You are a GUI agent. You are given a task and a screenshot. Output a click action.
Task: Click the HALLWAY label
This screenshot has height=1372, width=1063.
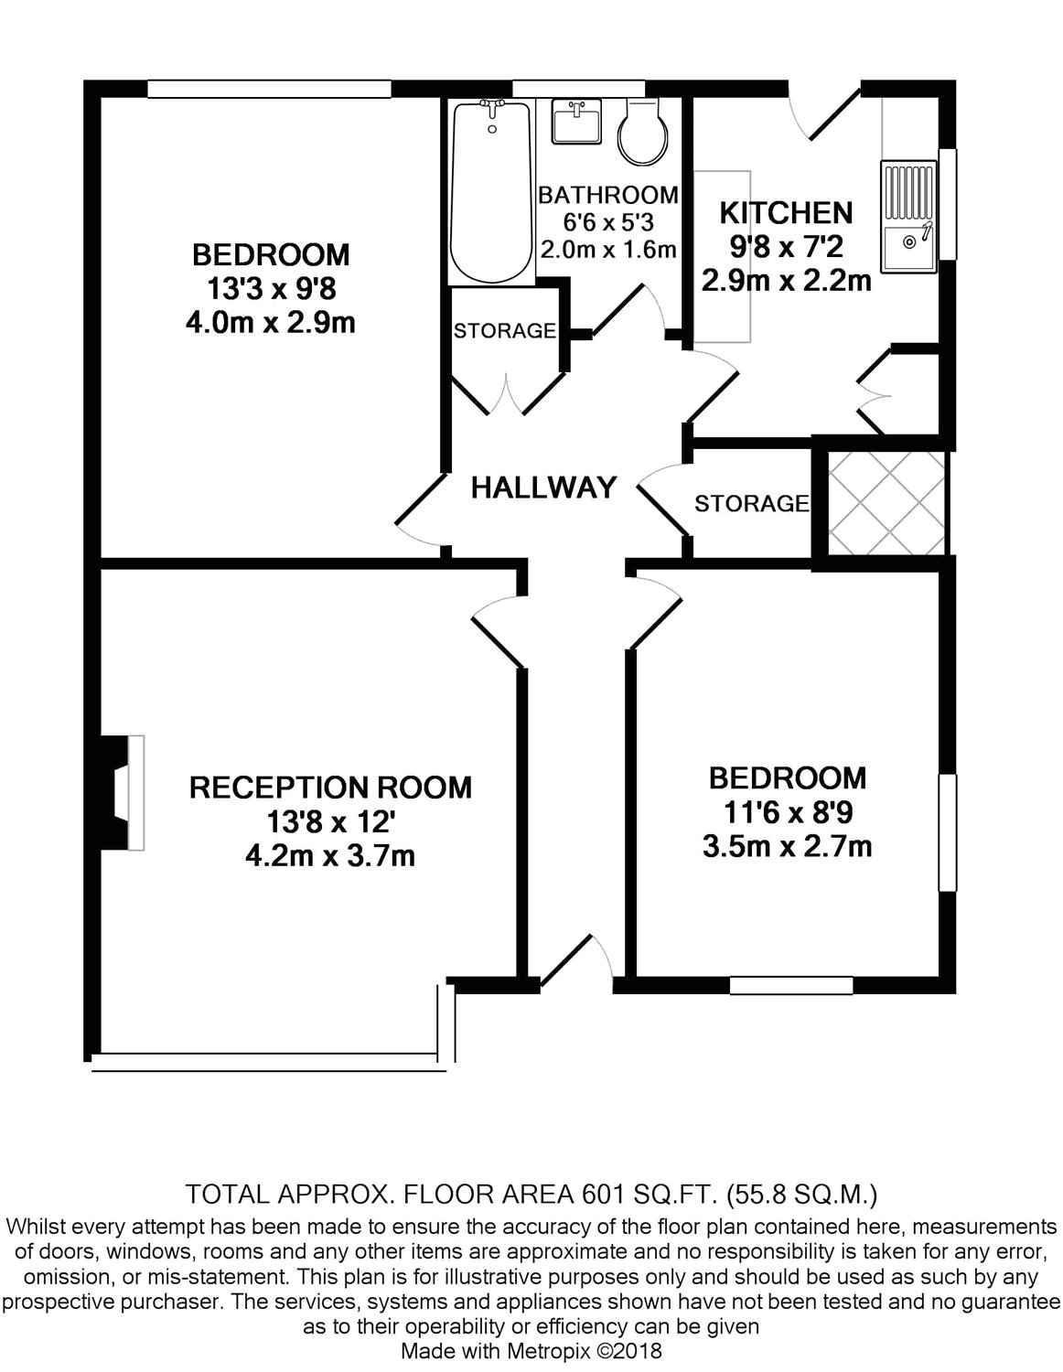click(x=543, y=488)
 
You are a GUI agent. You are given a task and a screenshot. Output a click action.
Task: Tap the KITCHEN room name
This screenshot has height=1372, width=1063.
click(x=786, y=213)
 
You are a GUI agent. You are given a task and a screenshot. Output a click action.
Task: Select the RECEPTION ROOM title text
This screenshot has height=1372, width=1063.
click(x=330, y=788)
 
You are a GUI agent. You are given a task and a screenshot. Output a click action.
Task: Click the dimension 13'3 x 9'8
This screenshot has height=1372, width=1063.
click(x=272, y=289)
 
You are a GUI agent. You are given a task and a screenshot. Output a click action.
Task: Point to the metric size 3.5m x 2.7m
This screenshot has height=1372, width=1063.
click(x=787, y=846)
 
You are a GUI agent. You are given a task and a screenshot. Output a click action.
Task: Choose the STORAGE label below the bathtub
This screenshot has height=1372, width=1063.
click(x=504, y=330)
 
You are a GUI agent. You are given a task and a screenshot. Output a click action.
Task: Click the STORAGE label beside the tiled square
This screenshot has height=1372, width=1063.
click(x=751, y=503)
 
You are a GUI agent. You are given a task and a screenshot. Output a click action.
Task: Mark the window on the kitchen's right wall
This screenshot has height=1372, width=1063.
click(x=949, y=203)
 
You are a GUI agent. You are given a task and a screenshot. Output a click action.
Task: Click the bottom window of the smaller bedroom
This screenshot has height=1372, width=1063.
click(x=790, y=985)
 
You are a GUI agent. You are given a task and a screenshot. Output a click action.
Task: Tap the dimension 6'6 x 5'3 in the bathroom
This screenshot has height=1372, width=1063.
click(x=607, y=221)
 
